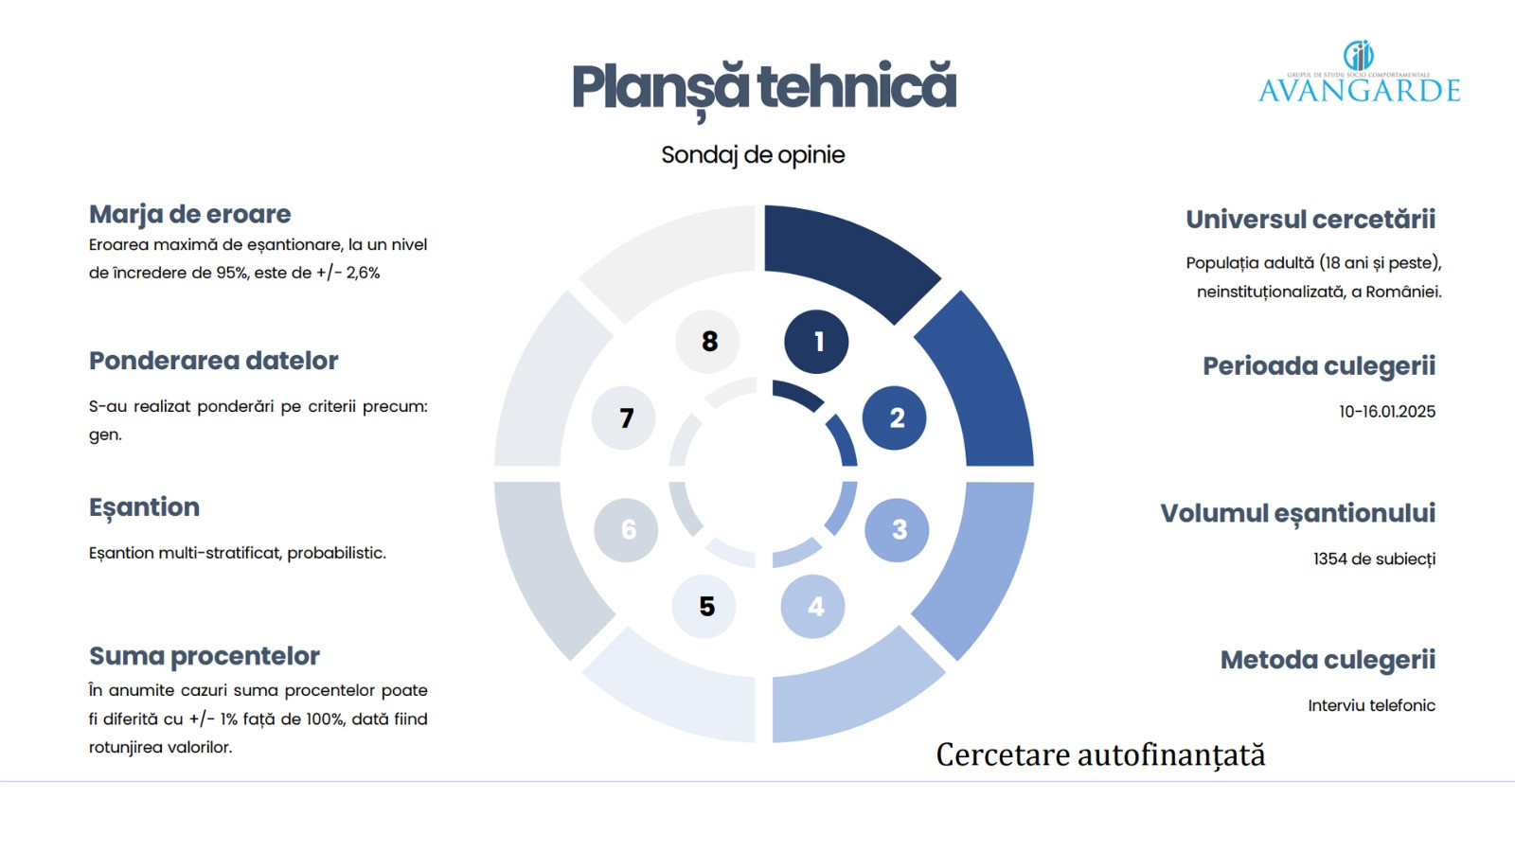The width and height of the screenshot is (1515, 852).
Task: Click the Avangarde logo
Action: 1359,72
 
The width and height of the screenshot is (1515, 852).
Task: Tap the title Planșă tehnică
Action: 763,89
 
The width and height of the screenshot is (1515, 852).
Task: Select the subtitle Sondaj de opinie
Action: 753,155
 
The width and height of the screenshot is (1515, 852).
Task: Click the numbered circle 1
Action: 816,342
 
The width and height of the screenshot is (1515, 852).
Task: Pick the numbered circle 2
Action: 894,417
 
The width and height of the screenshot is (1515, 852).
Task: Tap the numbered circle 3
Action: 897,529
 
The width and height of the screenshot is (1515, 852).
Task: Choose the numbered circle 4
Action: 813,607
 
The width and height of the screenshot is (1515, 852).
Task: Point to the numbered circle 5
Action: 704,607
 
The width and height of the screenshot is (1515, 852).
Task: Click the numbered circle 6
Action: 626,530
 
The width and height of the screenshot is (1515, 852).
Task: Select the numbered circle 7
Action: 624,417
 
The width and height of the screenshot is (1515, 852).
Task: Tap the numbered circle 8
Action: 707,342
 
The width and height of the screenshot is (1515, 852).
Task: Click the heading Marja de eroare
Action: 190,214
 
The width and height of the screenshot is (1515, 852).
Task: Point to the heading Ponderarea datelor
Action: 214,361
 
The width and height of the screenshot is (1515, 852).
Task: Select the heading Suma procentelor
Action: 205,656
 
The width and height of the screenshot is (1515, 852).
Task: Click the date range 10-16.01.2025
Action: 1387,411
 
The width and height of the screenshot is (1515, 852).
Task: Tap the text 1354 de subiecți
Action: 1374,559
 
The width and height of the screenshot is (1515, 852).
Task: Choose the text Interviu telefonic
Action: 1372,705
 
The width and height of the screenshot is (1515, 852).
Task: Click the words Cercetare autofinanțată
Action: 1100,754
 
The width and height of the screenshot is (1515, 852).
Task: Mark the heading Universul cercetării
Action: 1310,219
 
